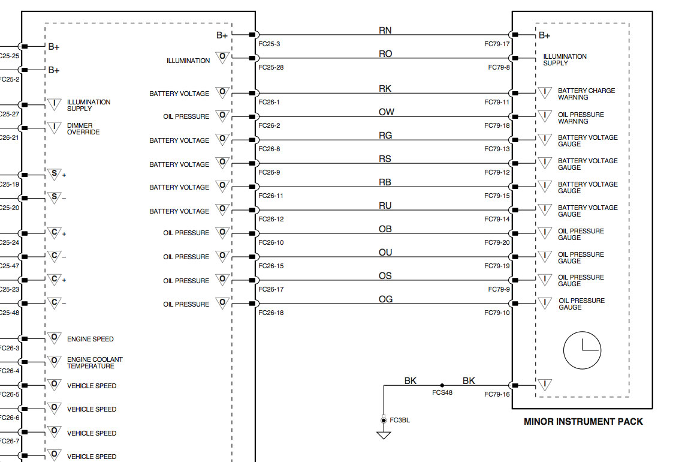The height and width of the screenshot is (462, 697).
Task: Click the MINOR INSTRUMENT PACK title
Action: (x=583, y=422)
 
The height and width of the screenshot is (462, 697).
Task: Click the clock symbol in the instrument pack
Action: (x=582, y=350)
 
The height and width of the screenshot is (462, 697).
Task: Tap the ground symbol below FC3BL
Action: (x=384, y=435)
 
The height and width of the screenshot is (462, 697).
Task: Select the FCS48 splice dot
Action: (x=442, y=385)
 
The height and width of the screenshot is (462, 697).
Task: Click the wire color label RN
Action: (x=385, y=31)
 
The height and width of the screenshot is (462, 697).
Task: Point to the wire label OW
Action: (x=386, y=112)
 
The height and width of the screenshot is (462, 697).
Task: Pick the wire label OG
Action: (x=385, y=299)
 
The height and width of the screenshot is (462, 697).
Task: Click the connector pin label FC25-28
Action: (x=271, y=67)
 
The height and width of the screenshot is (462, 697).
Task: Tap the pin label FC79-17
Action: (x=497, y=44)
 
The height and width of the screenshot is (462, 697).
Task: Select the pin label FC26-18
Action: (x=271, y=313)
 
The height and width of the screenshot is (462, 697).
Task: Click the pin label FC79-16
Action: (x=497, y=395)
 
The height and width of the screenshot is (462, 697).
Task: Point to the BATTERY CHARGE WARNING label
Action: (x=586, y=94)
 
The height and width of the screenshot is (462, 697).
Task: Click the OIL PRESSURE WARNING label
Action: (x=581, y=118)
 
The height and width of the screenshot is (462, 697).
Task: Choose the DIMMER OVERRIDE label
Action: (x=83, y=129)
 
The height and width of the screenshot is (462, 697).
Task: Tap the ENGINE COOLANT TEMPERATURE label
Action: (x=95, y=362)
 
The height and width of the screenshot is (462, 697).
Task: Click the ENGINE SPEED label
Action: (x=90, y=339)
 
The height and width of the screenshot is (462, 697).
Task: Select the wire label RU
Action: (x=385, y=206)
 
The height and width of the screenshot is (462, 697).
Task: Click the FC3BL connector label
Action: (x=400, y=420)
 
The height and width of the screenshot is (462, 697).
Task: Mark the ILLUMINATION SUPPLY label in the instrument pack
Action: (x=565, y=59)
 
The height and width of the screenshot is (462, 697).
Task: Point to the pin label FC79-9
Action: (x=499, y=289)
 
